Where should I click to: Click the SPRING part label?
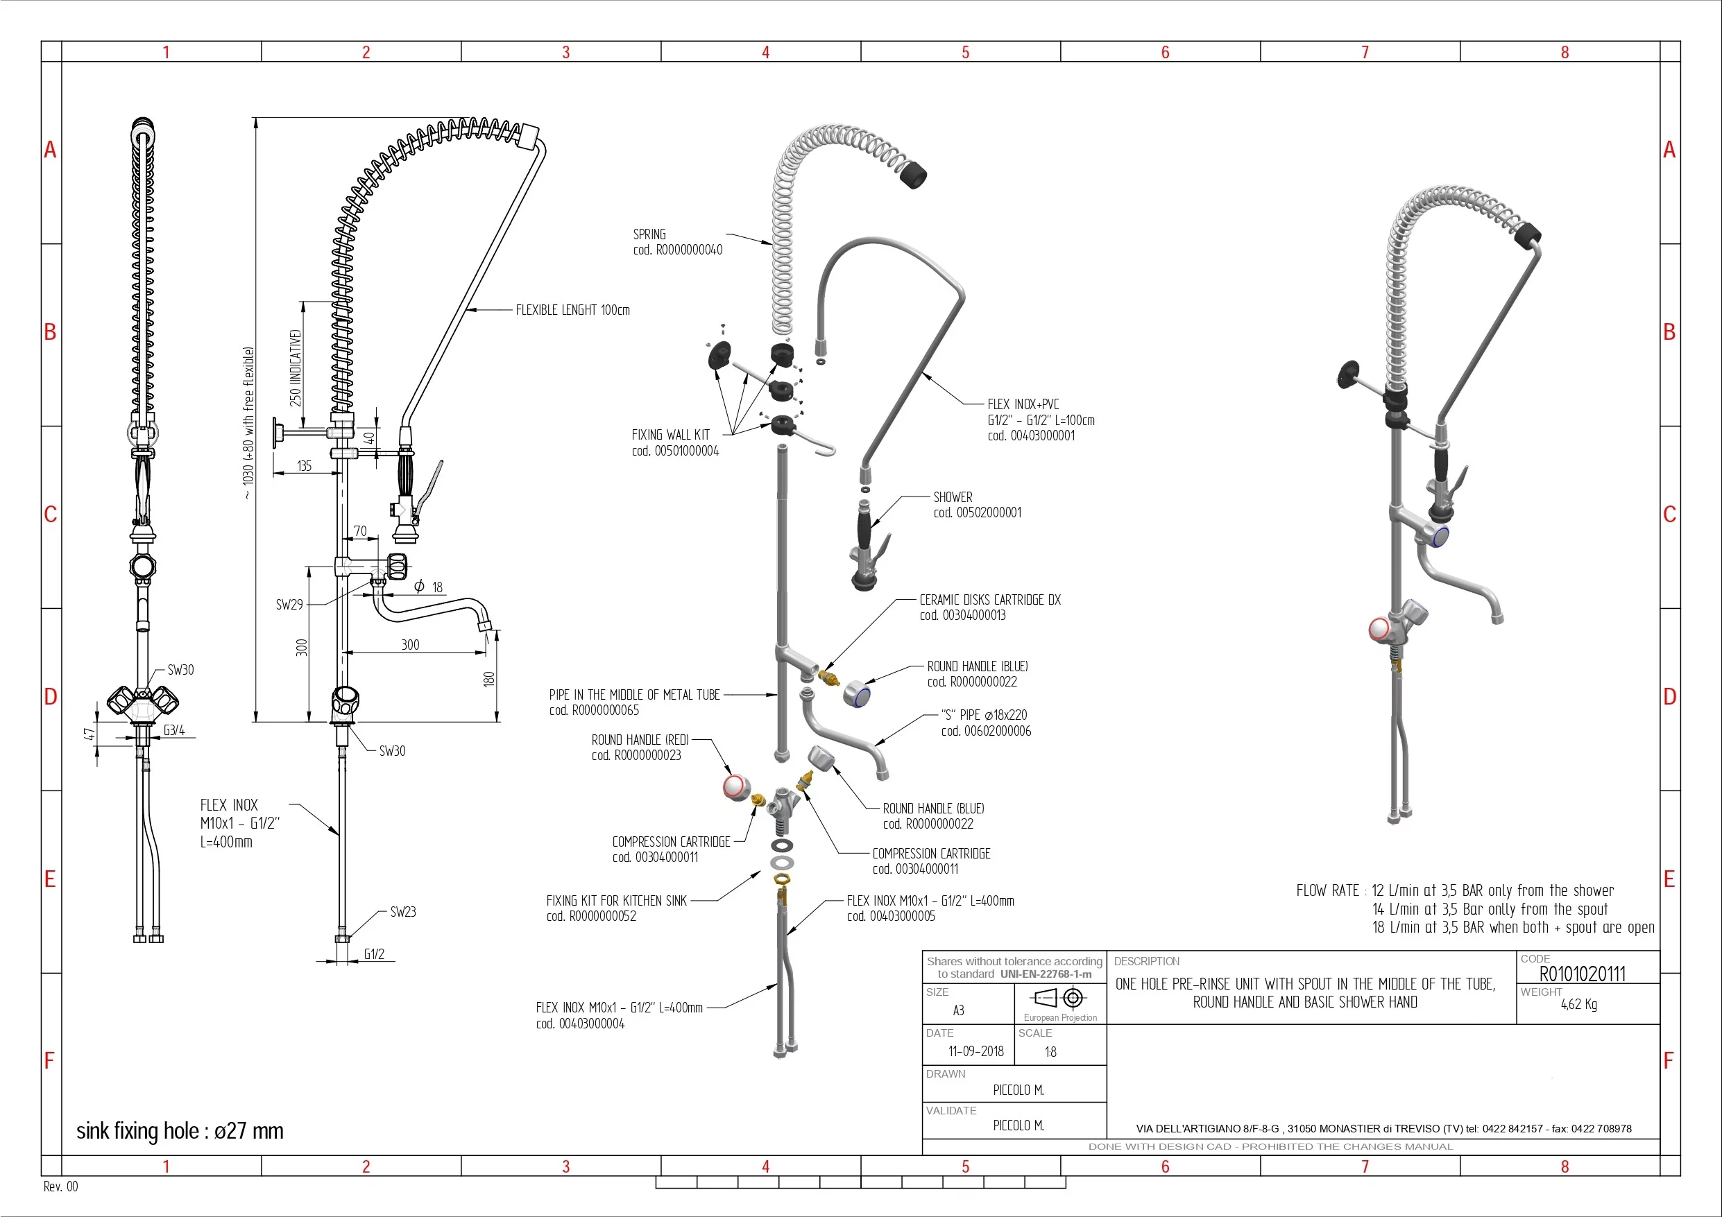coord(677,242)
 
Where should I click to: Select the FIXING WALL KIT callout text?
coord(675,442)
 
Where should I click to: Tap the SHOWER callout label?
coord(978,505)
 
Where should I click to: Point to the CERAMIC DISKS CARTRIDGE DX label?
coord(990,607)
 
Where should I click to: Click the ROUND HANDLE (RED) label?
coord(640,748)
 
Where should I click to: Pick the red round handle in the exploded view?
coord(735,786)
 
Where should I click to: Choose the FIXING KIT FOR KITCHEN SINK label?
coord(617,908)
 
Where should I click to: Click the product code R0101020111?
coord(1583,974)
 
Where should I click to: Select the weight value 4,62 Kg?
coord(1579,1004)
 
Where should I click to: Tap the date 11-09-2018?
coord(975,1051)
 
